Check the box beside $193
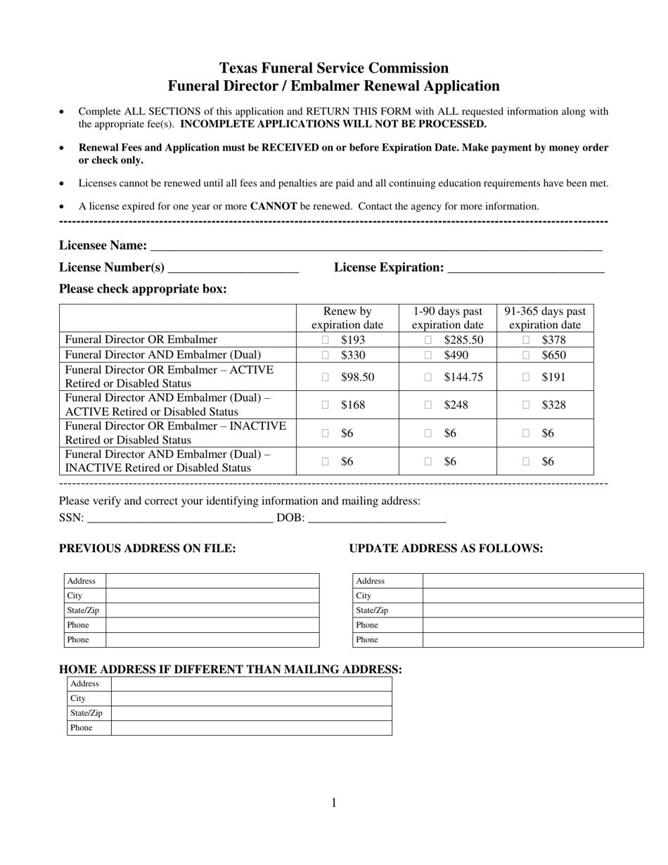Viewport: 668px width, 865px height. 325,340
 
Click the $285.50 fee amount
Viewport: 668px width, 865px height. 463,340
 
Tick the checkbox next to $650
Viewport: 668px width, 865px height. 526,355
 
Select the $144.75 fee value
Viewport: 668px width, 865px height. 463,377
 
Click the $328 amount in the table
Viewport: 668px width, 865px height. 553,405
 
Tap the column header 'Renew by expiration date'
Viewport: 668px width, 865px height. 347,318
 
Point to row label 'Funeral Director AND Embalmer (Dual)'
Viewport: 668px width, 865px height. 162,355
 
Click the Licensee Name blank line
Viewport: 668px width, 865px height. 376,246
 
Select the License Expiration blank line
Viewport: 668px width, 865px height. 525,268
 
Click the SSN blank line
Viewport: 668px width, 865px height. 179,518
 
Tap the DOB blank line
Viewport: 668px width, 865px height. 377,518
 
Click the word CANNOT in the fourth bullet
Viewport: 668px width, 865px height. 274,207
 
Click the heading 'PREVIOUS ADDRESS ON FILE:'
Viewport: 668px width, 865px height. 147,549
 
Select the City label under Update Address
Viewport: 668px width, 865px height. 364,596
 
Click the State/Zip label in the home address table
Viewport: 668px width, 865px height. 86,713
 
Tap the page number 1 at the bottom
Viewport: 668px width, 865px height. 334,803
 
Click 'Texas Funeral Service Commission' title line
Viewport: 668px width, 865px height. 333,68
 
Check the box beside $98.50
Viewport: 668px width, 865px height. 325,377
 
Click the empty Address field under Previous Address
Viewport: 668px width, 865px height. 212,581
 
